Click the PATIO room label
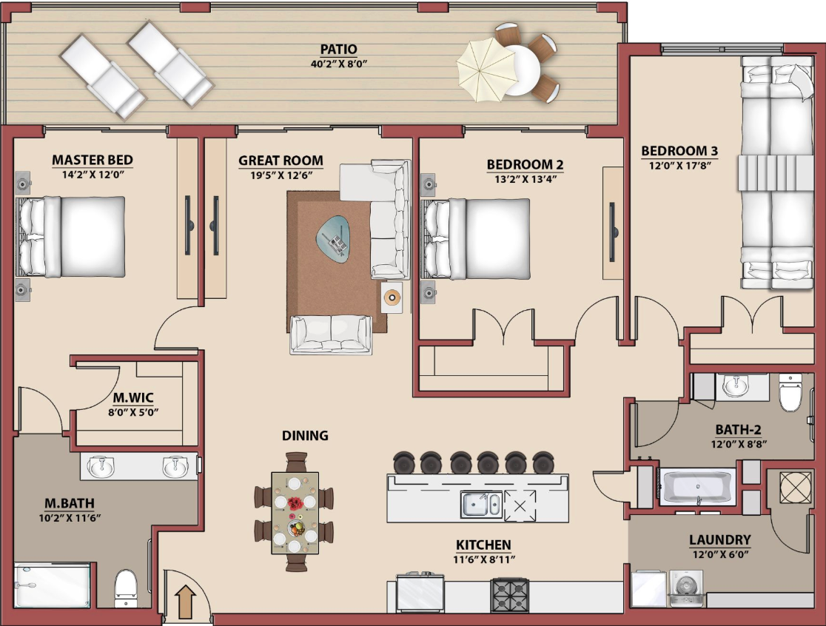tap(339, 50)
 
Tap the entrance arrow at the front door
tap(186, 601)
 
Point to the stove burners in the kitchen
tap(509, 596)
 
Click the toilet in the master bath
tap(126, 588)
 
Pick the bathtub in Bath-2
tap(697, 486)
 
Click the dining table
tap(295, 513)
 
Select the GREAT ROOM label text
tap(281, 161)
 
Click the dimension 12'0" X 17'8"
tap(679, 166)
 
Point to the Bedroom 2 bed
tap(477, 238)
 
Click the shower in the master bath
tap(52, 585)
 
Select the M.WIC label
tap(133, 397)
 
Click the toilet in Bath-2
tap(790, 391)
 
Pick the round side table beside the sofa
tap(392, 297)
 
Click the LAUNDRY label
tap(720, 539)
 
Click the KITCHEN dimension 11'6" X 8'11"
tap(484, 559)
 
